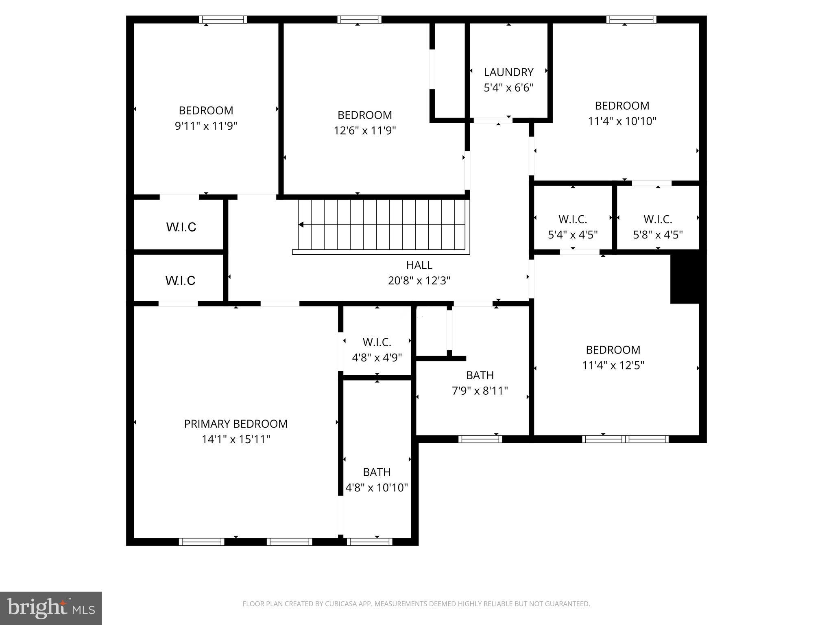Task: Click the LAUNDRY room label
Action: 508,72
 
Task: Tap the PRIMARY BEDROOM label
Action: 236,424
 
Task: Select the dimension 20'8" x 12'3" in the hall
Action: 419,281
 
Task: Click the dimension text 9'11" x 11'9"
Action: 206,126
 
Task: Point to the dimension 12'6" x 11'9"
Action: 364,131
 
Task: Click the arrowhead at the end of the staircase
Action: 301,225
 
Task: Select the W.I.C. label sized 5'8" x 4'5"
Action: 658,219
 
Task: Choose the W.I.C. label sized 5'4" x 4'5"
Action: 573,219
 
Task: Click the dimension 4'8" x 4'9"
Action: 377,358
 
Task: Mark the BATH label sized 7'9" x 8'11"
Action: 480,375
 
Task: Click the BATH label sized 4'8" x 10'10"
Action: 377,472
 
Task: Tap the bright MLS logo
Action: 50,608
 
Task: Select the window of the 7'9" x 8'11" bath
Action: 480,439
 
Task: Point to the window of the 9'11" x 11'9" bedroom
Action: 223,20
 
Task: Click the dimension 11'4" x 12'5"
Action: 613,365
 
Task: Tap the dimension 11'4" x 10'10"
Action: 622,121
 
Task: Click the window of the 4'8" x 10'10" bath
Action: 369,542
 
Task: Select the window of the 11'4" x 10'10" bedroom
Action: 631,20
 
